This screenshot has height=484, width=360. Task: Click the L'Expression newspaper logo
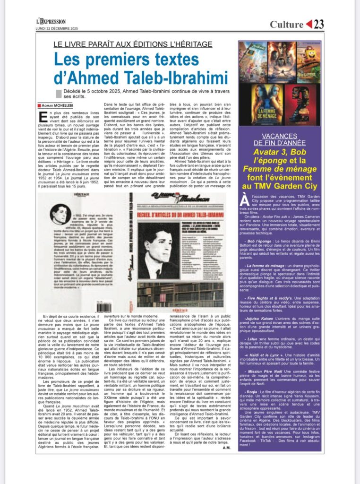51,21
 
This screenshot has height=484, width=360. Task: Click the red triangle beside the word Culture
309,24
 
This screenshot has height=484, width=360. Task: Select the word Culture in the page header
286,24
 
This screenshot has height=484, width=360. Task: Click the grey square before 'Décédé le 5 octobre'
59,94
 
